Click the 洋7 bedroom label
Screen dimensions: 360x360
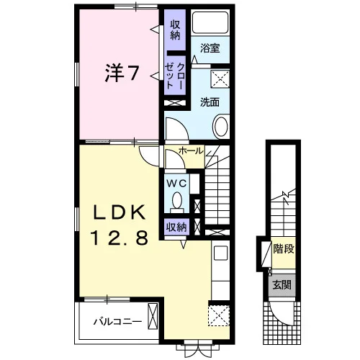(x=122, y=73)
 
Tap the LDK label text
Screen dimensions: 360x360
(x=120, y=212)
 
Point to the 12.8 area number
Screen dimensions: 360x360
(x=120, y=237)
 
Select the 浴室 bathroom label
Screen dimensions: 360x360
(x=210, y=48)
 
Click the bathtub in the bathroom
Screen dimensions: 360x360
(x=210, y=22)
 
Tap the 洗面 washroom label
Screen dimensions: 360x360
(x=210, y=102)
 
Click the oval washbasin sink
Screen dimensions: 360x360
(x=221, y=127)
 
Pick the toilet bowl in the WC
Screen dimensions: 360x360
(x=177, y=200)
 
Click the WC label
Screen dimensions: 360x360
(x=176, y=184)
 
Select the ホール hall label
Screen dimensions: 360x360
(x=191, y=151)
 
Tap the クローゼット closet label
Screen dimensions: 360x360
(x=175, y=76)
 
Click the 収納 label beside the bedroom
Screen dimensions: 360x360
(x=175, y=30)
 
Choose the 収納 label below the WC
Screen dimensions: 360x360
(x=176, y=227)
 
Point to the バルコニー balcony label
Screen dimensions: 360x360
(x=117, y=321)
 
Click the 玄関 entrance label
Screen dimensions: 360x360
(x=282, y=285)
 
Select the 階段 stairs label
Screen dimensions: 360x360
(x=284, y=248)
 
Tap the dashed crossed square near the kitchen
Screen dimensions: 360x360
(x=219, y=315)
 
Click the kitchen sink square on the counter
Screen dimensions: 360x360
(x=220, y=253)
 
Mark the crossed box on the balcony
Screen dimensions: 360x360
(x=153, y=316)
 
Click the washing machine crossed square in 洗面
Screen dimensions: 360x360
(x=220, y=79)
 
